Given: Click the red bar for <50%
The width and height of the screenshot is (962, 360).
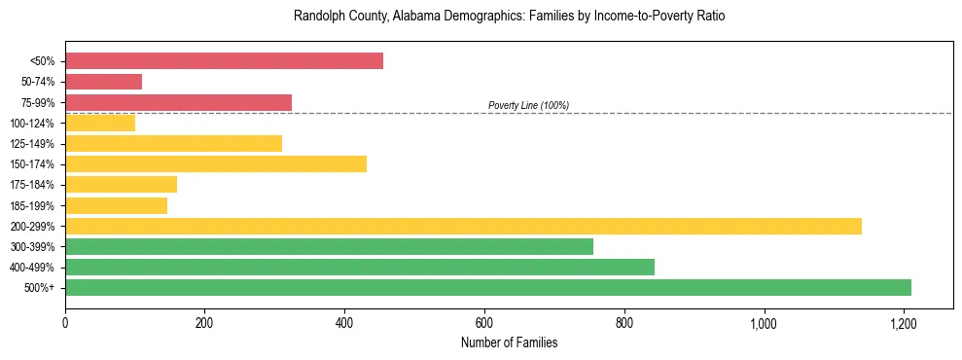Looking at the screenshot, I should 224,61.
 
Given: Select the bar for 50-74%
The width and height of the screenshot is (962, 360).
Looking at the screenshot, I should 104,82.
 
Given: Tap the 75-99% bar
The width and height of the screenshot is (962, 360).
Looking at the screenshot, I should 178,102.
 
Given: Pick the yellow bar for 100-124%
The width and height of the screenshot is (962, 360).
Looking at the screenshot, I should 100,123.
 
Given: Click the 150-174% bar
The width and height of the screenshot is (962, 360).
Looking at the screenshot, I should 216,164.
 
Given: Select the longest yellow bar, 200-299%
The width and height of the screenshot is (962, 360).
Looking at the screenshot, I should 463,227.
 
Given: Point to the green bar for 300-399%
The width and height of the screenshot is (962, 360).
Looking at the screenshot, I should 329,247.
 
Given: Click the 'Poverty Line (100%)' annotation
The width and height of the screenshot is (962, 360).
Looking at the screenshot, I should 528,105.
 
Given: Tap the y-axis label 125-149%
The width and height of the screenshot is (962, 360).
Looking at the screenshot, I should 32,144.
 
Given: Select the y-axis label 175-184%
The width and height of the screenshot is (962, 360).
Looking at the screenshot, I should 32,185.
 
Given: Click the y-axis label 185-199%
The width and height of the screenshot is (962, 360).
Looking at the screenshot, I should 32,206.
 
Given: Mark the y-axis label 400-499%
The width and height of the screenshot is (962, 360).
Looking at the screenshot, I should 32,268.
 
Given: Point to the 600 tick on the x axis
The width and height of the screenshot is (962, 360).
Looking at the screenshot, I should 484,322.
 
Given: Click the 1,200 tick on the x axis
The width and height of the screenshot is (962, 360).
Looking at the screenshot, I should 904,322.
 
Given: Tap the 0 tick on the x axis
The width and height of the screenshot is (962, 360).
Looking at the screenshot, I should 65,322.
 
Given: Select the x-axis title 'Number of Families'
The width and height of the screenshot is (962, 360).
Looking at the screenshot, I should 509,342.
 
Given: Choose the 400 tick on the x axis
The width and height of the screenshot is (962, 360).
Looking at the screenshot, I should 344,322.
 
